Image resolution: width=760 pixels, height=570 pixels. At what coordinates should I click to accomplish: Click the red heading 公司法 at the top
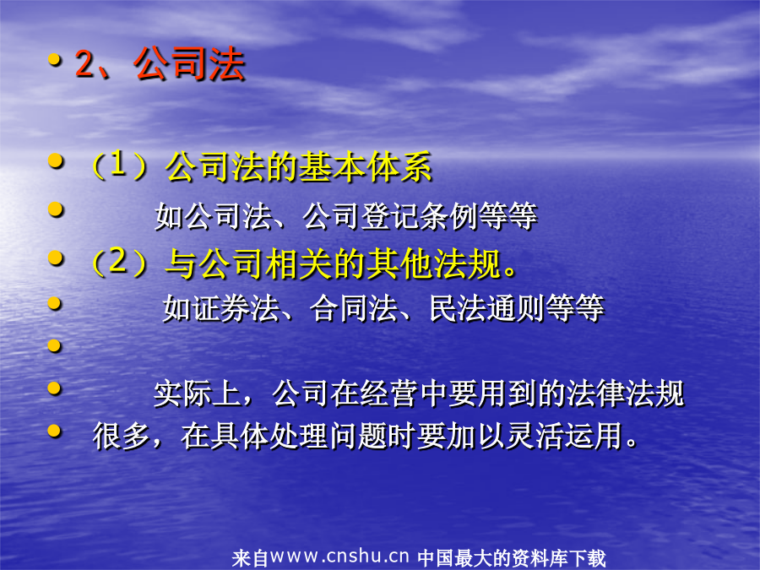pyautogui.click(x=189, y=63)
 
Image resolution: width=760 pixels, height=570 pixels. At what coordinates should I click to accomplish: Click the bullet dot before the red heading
pyautogui.click(x=55, y=60)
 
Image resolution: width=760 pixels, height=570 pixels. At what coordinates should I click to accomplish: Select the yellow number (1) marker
pyautogui.click(x=119, y=166)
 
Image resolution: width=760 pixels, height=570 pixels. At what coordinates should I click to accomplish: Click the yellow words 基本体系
pyautogui.click(x=365, y=166)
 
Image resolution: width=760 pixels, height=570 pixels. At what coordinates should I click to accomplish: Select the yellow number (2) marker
pyautogui.click(x=119, y=263)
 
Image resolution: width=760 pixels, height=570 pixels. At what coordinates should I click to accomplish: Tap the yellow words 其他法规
pyautogui.click(x=433, y=263)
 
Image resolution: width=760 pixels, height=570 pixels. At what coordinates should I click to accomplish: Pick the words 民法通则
pyautogui.click(x=487, y=308)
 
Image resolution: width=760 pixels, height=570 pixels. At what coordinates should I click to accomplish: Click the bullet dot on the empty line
pyautogui.click(x=55, y=345)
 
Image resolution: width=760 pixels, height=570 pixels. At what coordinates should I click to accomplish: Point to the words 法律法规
pyautogui.click(x=625, y=393)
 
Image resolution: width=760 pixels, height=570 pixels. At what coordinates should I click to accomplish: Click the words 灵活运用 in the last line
pyautogui.click(x=564, y=436)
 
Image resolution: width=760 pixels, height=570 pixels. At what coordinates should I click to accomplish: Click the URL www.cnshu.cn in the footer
pyautogui.click(x=339, y=556)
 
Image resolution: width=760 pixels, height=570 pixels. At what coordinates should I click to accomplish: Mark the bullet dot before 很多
pyautogui.click(x=55, y=431)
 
